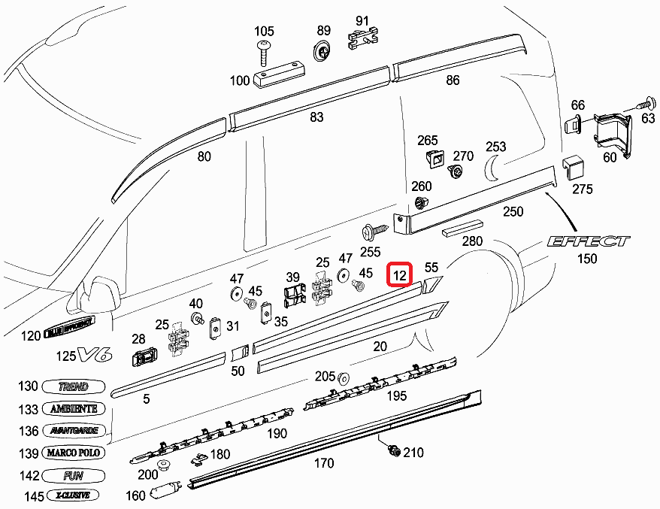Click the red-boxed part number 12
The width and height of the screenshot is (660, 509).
(x=400, y=276)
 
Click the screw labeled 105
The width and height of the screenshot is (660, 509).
(x=264, y=53)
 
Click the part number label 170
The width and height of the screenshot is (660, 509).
(x=323, y=463)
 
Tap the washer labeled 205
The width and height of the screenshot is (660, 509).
(x=344, y=377)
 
